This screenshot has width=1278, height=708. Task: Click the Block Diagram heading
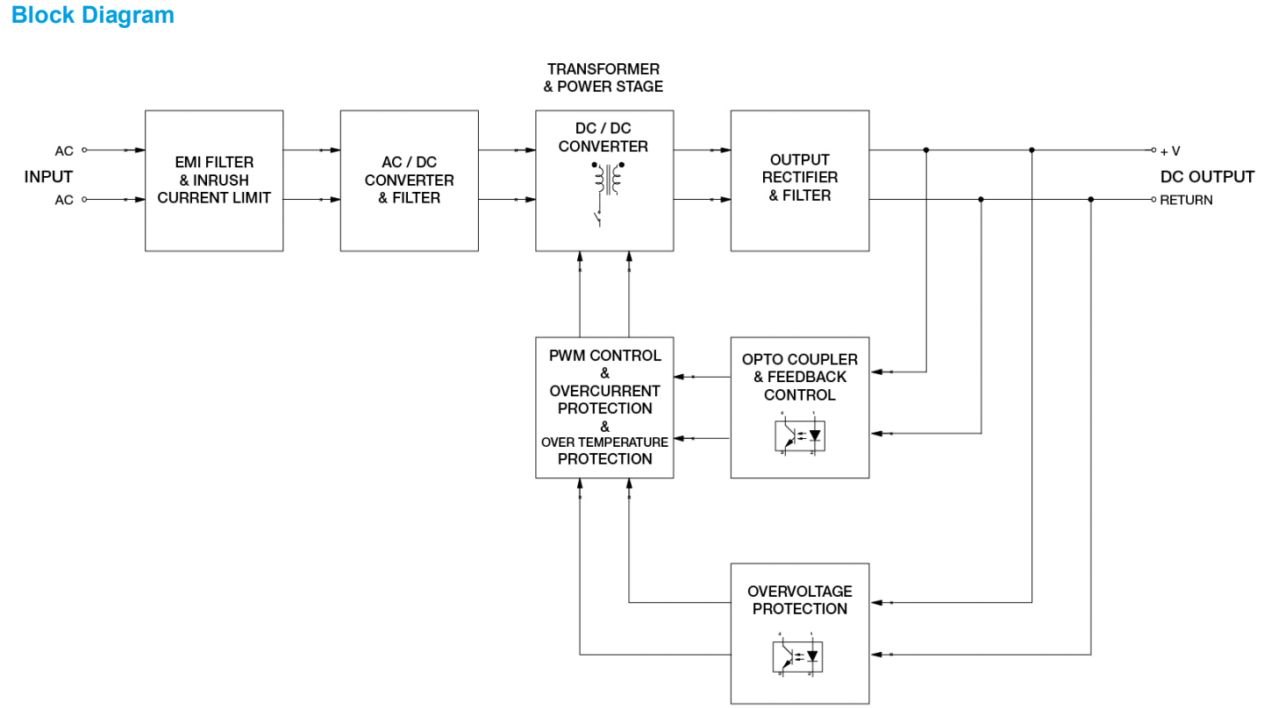click(92, 15)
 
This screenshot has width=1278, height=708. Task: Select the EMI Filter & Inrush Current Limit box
click(214, 181)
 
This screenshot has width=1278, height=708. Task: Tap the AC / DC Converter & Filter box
click(410, 181)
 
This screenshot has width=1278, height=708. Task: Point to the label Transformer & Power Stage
click(604, 77)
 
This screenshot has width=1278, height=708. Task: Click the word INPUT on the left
click(48, 177)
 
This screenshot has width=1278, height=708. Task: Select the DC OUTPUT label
click(1207, 177)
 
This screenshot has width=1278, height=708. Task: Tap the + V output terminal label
click(1170, 151)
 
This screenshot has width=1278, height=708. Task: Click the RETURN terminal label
click(1186, 201)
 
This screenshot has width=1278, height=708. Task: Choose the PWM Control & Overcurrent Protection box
click(604, 407)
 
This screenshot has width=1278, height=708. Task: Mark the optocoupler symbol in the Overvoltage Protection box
click(800, 655)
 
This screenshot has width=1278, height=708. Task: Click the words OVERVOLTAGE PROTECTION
click(800, 600)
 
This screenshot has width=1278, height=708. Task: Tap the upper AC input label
click(64, 151)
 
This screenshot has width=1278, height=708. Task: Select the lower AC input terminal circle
click(85, 200)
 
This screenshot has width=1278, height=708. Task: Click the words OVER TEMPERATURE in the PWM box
click(604, 442)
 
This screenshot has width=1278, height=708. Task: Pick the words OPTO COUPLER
click(800, 359)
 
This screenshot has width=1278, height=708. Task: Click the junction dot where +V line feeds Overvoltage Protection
click(1032, 150)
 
